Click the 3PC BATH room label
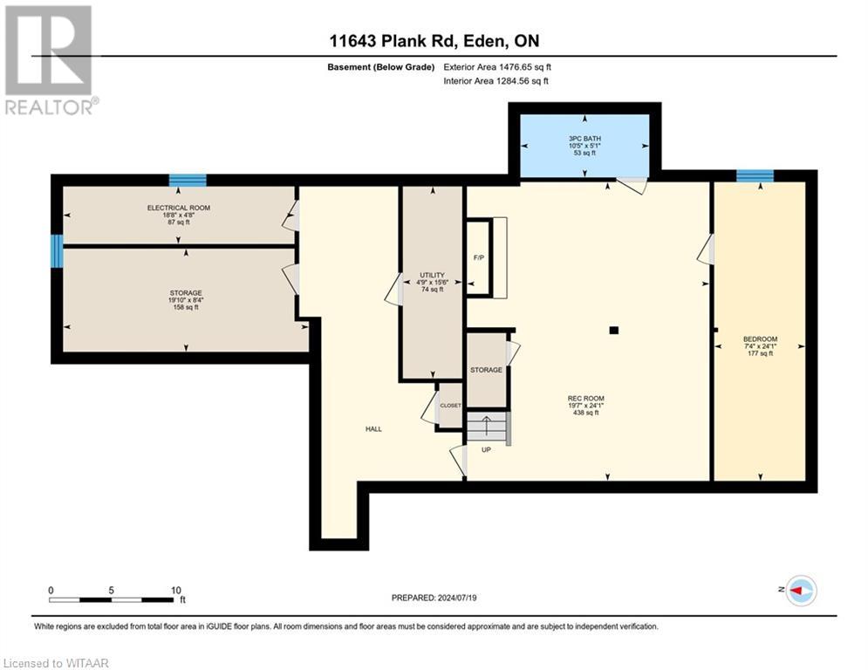pos(584,139)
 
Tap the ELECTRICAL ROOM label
pos(178,208)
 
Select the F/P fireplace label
pos(479,258)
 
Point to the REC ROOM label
pos(585,398)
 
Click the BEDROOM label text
pos(760,338)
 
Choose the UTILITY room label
pos(432,275)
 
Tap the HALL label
pos(373,429)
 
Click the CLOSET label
pos(451,406)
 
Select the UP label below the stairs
pos(486,449)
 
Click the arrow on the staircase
pos(487,425)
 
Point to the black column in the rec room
pos(613,331)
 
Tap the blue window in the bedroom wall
pos(755,175)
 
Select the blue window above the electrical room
pos(188,180)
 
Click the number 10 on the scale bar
pos(176,591)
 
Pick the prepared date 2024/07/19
pos(457,598)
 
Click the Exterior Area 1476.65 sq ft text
pos(497,67)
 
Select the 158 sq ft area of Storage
pos(186,307)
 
